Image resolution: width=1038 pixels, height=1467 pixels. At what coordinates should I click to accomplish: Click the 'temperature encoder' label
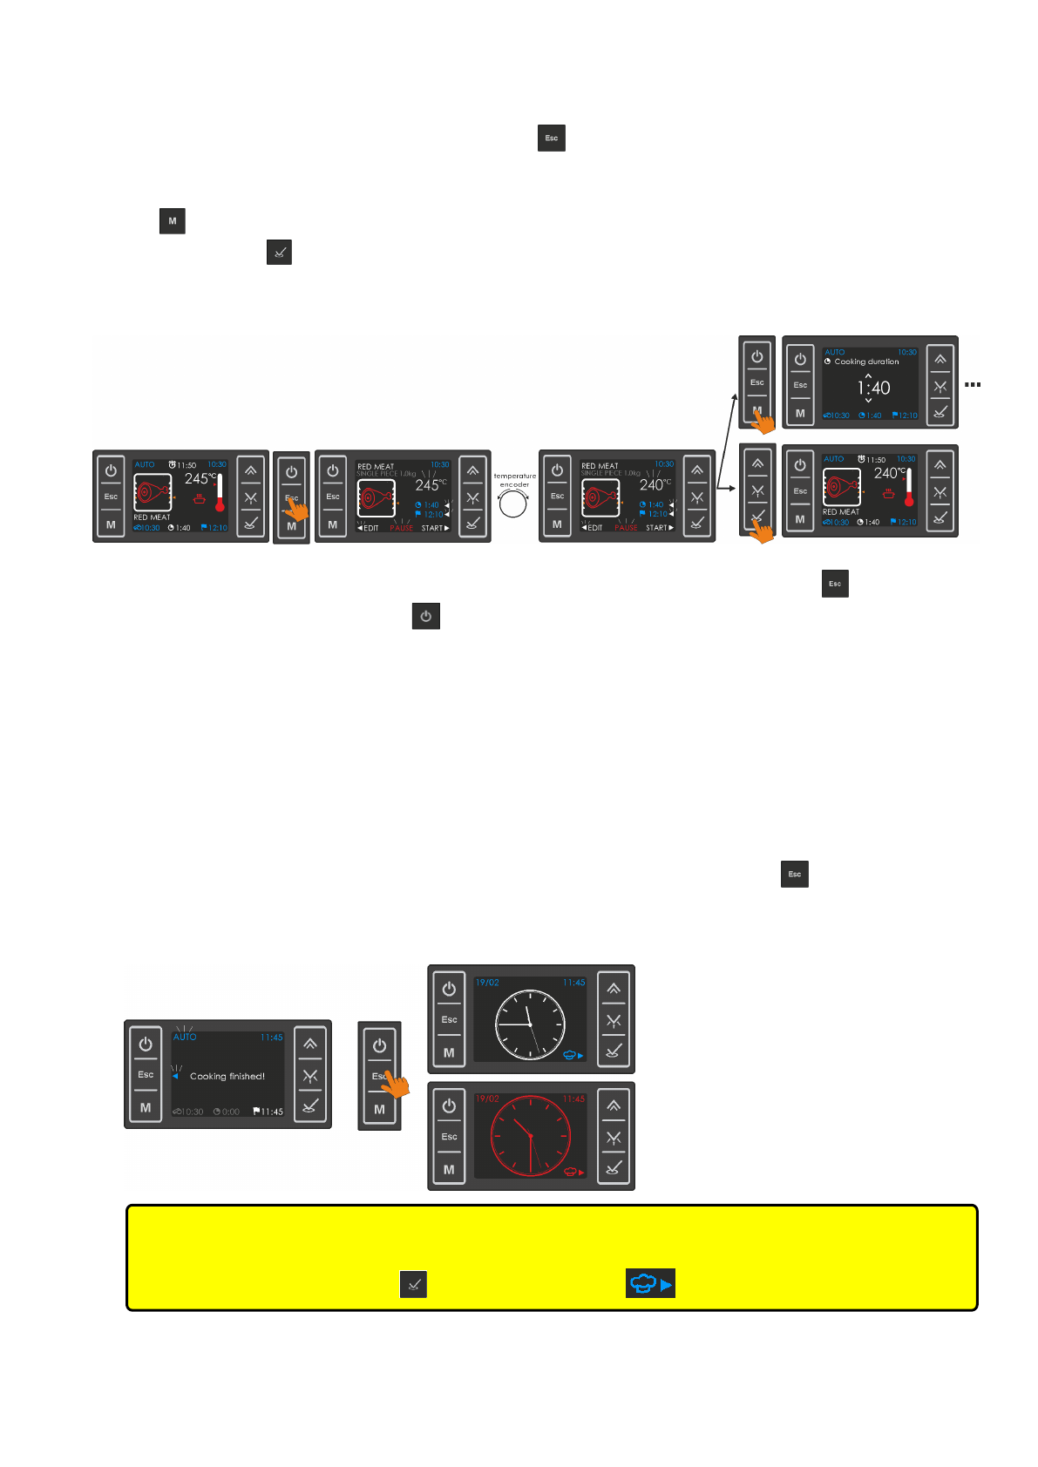pos(514,480)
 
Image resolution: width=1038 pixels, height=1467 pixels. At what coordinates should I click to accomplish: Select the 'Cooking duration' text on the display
pos(866,362)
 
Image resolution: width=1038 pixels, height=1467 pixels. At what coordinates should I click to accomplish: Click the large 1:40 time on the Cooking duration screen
pos(873,388)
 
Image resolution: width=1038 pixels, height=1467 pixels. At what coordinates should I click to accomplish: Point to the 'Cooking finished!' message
pos(227,1077)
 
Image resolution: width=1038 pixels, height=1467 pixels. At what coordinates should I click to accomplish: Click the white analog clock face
pos(530,1023)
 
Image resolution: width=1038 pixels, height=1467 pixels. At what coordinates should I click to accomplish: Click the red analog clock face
pos(530,1136)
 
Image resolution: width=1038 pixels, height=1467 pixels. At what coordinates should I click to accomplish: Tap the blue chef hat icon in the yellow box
pos(650,1283)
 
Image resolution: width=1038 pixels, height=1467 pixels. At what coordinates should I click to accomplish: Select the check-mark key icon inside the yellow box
pos(413,1284)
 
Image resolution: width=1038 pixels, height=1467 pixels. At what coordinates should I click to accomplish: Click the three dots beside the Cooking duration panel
pos(973,384)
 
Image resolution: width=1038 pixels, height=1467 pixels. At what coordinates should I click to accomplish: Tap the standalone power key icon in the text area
pos(425,616)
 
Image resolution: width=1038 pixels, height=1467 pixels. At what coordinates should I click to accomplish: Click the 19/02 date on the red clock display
pos(487,1099)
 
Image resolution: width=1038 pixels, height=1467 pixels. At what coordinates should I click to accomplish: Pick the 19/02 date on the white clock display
pos(487,983)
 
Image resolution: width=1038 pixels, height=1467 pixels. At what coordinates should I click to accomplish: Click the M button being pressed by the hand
pos(756,410)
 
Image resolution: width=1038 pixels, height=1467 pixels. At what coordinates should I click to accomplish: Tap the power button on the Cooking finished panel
pos(146,1044)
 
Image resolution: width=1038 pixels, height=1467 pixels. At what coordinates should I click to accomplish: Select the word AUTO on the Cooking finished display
pos(185,1038)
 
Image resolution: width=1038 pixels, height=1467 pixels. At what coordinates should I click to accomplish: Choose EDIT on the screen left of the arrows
pos(593,528)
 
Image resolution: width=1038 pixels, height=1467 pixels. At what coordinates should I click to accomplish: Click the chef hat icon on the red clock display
pos(574,1172)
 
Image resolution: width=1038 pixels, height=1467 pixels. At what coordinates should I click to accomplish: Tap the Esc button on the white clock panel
pos(449,1019)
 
